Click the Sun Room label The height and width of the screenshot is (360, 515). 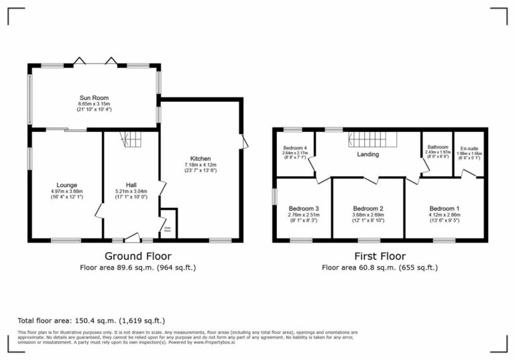click(x=93, y=98)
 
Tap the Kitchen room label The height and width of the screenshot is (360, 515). click(x=201, y=159)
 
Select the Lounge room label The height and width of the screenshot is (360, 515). click(x=66, y=185)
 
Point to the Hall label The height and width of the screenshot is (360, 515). click(x=131, y=185)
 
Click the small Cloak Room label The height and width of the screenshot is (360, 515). click(x=169, y=228)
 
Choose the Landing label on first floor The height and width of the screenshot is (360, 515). click(x=368, y=154)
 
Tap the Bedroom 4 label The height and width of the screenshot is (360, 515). click(x=295, y=147)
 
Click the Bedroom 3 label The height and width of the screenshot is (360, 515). click(x=303, y=208)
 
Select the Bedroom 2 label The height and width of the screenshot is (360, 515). click(x=367, y=208)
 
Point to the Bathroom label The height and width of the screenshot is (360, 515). click(x=437, y=147)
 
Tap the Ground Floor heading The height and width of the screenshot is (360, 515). click(x=137, y=256)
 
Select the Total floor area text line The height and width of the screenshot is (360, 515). click(x=91, y=321)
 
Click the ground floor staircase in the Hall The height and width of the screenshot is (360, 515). click(x=131, y=140)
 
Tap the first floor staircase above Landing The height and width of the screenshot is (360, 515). click(x=373, y=139)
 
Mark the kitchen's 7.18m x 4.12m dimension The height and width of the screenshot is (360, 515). click(x=201, y=165)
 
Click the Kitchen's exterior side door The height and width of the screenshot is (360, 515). click(x=244, y=141)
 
